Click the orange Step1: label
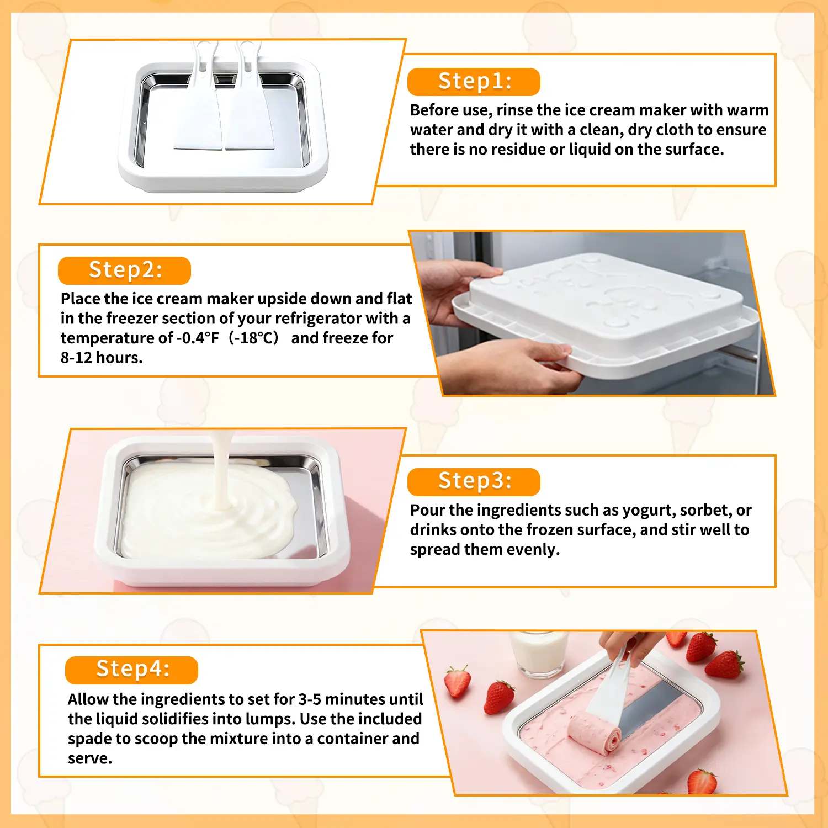pyautogui.click(x=474, y=82)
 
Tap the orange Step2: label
pyautogui.click(x=124, y=270)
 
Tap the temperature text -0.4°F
pyautogui.click(x=198, y=338)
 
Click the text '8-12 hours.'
pyautogui.click(x=102, y=358)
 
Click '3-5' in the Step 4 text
pyautogui.click(x=310, y=699)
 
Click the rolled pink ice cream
pyautogui.click(x=595, y=733)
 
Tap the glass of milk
pyautogui.click(x=538, y=654)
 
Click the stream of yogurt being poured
pyautogui.click(x=221, y=469)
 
